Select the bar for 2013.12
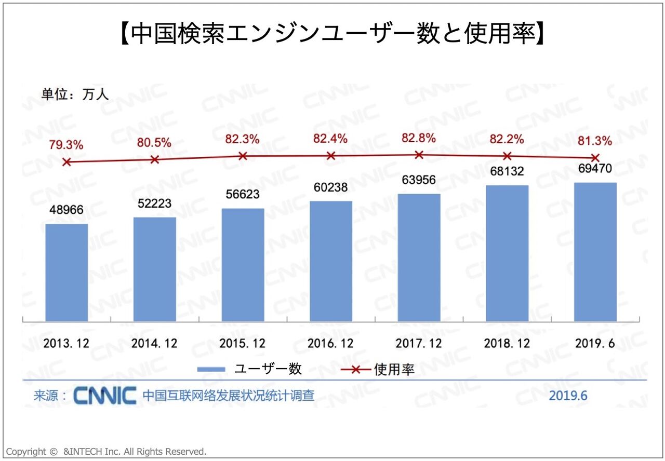tap(66, 273)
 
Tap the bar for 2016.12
tap(331, 261)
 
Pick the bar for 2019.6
tap(595, 252)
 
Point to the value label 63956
tap(419, 181)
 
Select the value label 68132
tap(507, 171)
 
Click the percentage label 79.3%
tap(66, 145)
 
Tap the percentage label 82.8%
tap(419, 139)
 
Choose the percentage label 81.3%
tap(594, 141)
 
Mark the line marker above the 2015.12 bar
tap(243, 156)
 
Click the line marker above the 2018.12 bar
tap(507, 156)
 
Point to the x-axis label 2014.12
tap(154, 344)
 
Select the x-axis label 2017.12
tap(419, 344)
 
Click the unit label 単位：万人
tap(75, 95)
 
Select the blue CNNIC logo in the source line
tap(105, 396)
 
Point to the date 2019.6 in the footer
tap(568, 396)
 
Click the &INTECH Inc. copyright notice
tap(107, 452)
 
